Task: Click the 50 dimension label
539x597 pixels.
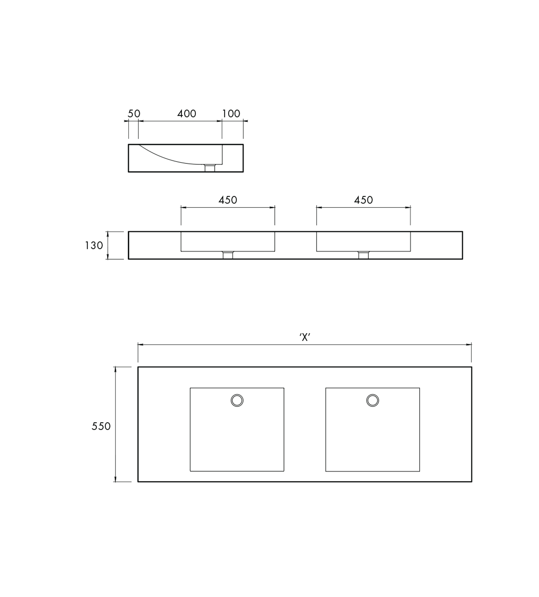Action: click(134, 114)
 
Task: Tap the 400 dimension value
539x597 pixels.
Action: click(187, 114)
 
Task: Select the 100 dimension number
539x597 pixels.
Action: click(231, 114)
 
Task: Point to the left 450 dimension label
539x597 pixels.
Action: click(228, 200)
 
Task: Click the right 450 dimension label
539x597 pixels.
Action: click(363, 200)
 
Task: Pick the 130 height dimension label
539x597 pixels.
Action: click(94, 246)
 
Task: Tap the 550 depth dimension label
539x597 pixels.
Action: click(101, 426)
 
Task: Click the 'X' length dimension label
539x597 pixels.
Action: click(305, 337)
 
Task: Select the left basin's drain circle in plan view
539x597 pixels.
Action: click(237, 400)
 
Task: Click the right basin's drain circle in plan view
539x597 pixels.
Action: click(372, 400)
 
